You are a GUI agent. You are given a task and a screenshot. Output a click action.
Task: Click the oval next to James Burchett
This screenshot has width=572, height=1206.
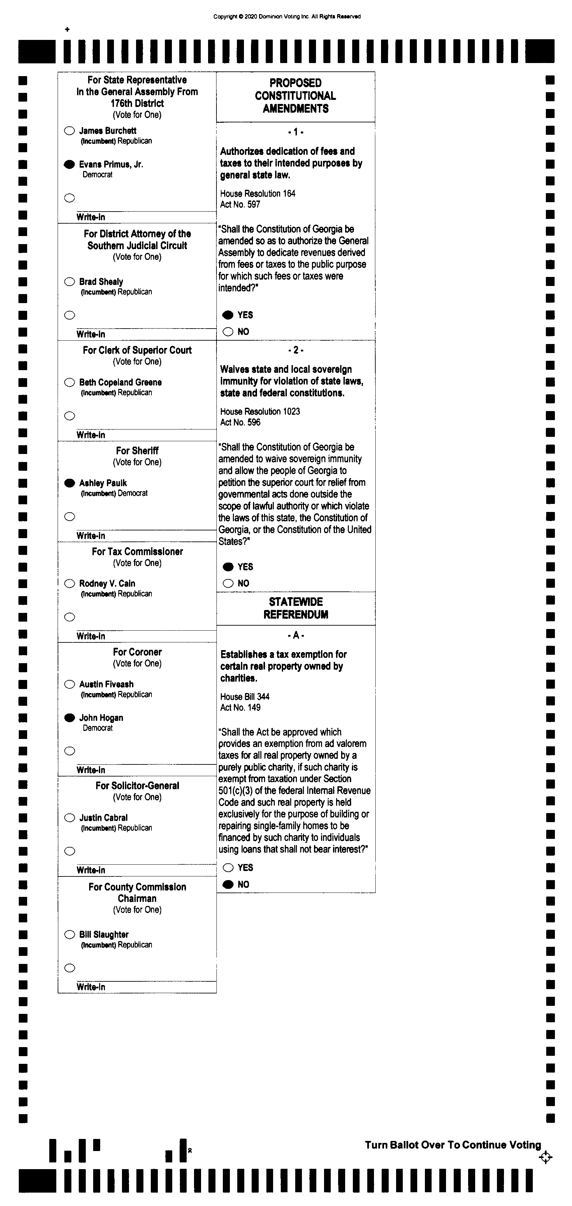[69, 131]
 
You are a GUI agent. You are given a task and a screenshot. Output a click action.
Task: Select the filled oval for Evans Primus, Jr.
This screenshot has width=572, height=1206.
[69, 164]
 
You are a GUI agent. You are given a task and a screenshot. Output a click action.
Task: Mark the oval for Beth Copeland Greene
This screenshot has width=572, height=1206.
[70, 383]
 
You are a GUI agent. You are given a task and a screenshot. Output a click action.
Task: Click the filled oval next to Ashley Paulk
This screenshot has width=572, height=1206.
[70, 483]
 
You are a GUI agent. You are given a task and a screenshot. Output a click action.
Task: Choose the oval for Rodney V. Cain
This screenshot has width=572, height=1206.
[70, 583]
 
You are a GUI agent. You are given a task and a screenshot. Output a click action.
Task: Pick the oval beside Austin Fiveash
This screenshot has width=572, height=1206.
[70, 684]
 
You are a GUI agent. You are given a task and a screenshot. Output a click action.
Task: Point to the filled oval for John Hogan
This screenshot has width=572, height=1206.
[70, 718]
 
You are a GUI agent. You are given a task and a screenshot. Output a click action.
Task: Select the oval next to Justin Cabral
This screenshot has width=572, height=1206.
[70, 818]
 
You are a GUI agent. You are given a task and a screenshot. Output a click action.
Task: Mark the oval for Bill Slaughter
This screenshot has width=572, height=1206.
[70, 934]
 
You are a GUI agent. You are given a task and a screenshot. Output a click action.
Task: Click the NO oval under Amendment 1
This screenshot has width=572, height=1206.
[228, 332]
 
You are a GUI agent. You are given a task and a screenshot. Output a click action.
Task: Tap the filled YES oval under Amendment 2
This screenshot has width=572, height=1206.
[228, 567]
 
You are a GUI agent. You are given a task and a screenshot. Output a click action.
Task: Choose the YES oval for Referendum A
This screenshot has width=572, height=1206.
[228, 868]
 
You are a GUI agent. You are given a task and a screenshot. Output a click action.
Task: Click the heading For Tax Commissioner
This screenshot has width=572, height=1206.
[137, 552]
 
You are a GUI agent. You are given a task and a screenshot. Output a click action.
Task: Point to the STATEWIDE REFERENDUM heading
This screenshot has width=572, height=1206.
[296, 608]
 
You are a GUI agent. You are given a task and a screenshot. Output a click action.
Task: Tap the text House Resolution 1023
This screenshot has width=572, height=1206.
[260, 411]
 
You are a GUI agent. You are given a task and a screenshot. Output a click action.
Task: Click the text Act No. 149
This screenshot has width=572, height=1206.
[240, 707]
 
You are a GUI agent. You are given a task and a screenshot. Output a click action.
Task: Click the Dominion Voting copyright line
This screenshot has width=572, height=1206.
[287, 16]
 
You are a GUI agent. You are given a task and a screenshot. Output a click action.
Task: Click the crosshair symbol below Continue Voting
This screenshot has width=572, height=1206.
[545, 1158]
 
